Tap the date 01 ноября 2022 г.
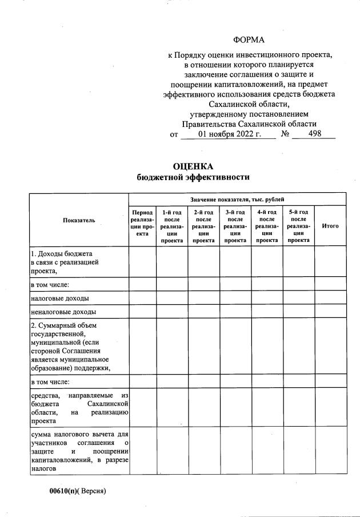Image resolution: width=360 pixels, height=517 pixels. (x=229, y=134)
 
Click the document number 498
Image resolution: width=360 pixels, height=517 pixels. (x=314, y=133)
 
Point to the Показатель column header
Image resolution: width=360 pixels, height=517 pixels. (x=79, y=220)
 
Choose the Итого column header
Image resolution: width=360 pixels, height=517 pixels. (x=330, y=226)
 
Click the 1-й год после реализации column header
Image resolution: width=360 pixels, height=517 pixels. (x=172, y=226)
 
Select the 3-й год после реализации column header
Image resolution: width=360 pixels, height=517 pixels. (x=235, y=226)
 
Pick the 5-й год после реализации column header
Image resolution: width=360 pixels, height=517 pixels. (x=298, y=226)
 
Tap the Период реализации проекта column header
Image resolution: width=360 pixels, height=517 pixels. (x=142, y=223)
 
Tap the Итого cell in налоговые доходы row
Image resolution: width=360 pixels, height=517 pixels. (x=330, y=298)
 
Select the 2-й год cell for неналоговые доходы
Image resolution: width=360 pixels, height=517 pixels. (x=203, y=312)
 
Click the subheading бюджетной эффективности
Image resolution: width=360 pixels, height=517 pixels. (x=193, y=177)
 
